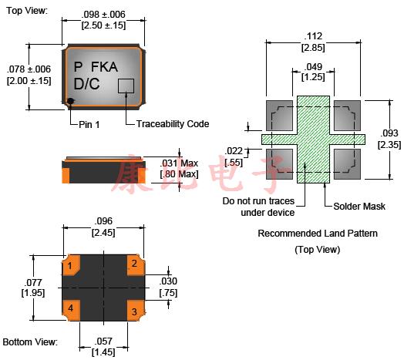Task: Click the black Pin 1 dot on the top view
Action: click(x=70, y=101)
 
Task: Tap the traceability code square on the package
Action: click(x=126, y=86)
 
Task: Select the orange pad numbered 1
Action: click(x=72, y=265)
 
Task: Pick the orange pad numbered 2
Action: click(x=136, y=265)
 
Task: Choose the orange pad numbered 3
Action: click(x=136, y=311)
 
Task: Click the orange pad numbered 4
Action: click(x=72, y=310)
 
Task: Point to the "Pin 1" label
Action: click(x=89, y=124)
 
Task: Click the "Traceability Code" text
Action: click(x=173, y=124)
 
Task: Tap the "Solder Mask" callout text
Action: click(x=359, y=206)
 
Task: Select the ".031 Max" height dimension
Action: click(x=179, y=163)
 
